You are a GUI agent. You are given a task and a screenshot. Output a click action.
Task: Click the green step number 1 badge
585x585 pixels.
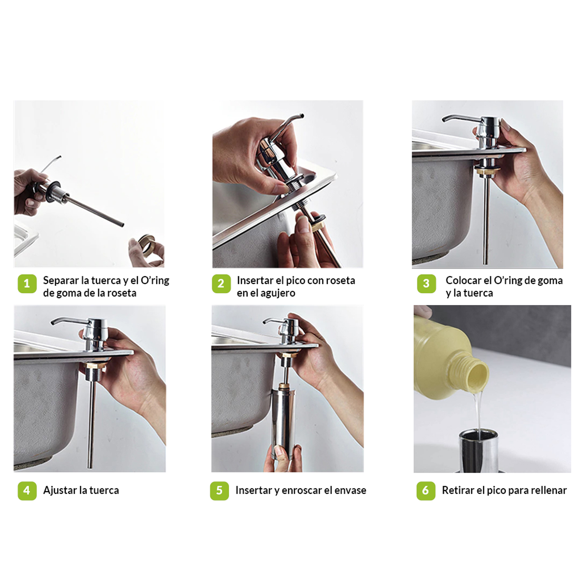point(27,284)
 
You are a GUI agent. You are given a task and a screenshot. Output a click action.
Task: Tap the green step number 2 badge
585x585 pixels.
point(221,284)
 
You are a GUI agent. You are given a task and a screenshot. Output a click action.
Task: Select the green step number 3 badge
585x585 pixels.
point(426,284)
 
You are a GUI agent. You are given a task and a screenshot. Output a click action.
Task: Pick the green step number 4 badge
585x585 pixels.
point(27,490)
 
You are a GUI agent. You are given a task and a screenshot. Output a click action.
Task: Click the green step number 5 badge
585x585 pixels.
point(219,490)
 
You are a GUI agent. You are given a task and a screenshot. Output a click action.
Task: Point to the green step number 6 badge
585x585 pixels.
point(426,490)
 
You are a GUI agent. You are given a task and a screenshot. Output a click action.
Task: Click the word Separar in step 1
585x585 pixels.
point(61,281)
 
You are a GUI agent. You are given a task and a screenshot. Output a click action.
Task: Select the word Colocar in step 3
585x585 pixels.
point(463,280)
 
